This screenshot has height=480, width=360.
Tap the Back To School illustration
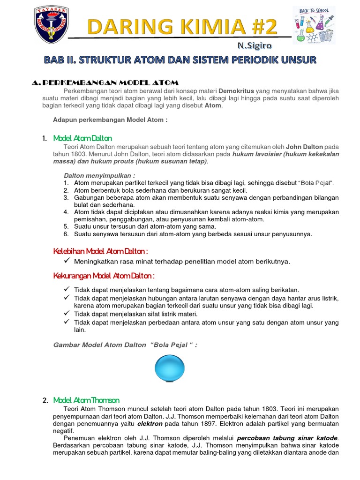tap(314, 25)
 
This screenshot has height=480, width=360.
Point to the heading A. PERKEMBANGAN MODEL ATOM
tap(105, 82)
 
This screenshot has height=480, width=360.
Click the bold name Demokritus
tap(236, 90)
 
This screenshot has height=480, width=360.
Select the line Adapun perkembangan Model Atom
tap(110, 120)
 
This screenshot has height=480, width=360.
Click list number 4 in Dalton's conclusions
tap(66, 212)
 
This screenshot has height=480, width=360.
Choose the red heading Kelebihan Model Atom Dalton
tap(101, 251)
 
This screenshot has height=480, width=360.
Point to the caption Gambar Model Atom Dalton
tap(125, 345)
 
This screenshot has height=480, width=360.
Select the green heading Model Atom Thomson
tap(86, 400)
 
